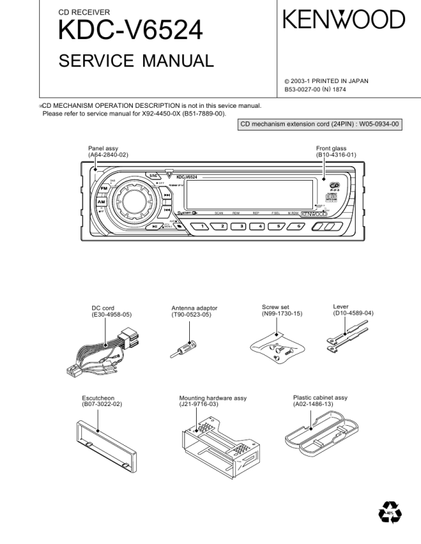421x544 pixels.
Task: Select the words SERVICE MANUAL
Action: click(x=136, y=63)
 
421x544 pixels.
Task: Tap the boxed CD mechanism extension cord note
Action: click(x=319, y=125)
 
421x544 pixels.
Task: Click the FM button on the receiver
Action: click(x=104, y=188)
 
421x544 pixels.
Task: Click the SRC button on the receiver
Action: click(x=153, y=176)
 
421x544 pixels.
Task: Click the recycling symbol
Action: click(x=389, y=512)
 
